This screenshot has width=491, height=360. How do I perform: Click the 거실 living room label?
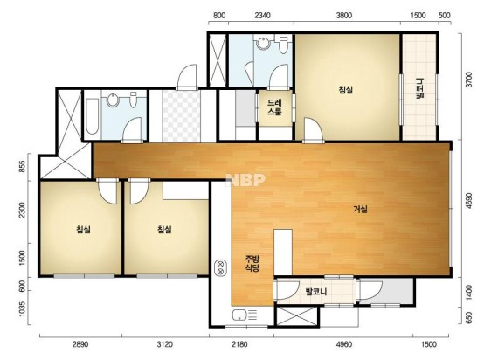point(361,209)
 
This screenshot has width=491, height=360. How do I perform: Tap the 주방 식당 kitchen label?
point(252,264)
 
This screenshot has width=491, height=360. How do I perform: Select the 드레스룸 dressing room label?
point(274,107)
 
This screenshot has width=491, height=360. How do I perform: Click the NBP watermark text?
point(245,179)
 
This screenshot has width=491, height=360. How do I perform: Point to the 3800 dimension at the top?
point(344,16)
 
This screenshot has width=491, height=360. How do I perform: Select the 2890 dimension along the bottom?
point(80,344)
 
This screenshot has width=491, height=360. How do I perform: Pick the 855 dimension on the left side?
point(22,167)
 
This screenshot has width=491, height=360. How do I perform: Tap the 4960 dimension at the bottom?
point(344,344)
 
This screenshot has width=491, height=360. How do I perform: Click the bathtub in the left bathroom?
point(92,116)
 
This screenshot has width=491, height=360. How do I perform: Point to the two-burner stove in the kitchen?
point(220,267)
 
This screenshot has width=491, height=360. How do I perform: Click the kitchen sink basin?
point(239,315)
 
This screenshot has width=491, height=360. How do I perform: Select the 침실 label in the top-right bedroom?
point(346,90)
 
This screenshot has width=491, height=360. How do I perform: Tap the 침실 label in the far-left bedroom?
point(83,230)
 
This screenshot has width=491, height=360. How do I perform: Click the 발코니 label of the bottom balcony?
point(316,292)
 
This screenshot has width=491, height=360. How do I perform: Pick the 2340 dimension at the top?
point(262,16)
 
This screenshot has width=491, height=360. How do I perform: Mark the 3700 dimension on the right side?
point(468,80)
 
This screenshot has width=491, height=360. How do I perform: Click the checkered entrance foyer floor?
point(182,116)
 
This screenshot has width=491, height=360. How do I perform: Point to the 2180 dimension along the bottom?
point(239,344)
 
